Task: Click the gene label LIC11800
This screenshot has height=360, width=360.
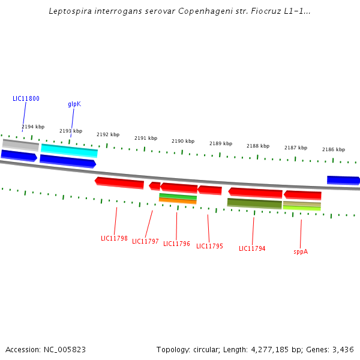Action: [26, 98]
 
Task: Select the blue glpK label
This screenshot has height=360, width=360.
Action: [74, 104]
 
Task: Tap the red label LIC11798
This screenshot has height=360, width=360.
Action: [114, 238]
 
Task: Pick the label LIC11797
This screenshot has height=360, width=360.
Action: [145, 241]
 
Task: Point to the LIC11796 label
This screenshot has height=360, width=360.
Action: [176, 244]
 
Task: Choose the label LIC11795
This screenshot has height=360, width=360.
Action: [209, 246]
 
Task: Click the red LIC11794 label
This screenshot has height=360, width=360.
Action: [252, 248]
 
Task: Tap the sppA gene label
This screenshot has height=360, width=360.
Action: [301, 251]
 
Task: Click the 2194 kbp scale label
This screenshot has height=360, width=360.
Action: [33, 127]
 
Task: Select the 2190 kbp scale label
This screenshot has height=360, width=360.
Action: [183, 141]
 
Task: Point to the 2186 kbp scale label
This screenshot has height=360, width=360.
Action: [334, 149]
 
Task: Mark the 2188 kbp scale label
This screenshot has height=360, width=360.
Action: [258, 146]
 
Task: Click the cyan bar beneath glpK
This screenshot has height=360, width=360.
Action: [69, 150]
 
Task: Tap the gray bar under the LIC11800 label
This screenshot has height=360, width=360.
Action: [20, 144]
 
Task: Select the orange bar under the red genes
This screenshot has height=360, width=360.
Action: [178, 201]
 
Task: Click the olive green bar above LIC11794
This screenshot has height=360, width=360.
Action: [254, 203]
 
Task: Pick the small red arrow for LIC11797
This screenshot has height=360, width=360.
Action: [155, 186]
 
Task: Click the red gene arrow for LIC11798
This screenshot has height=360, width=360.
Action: [119, 182]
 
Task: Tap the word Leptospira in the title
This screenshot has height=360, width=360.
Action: [71, 11]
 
